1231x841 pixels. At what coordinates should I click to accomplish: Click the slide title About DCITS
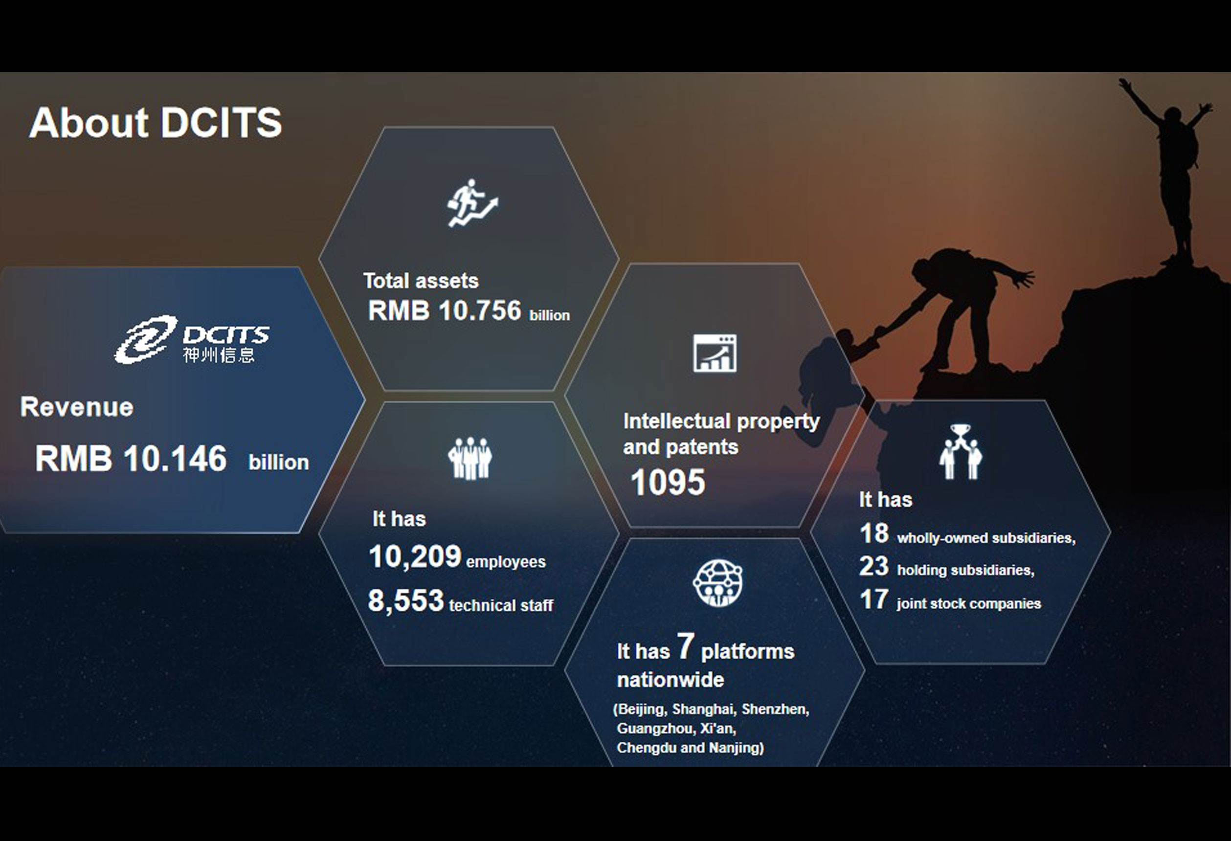[x=156, y=122]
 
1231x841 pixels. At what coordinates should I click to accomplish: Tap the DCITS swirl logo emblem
[x=146, y=339]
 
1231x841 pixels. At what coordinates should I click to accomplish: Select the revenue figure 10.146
[x=175, y=458]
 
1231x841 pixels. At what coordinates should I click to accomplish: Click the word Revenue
[x=77, y=407]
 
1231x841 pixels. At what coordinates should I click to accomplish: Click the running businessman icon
[x=472, y=203]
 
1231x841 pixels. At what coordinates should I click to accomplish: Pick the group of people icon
[x=470, y=458]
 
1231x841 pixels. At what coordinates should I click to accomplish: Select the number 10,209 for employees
[x=415, y=556]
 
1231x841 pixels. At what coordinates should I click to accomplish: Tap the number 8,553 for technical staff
[x=406, y=600]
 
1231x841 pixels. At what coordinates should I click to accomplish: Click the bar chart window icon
[x=715, y=353]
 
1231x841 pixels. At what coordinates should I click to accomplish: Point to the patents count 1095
[x=668, y=482]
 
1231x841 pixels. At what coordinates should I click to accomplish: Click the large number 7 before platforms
[x=685, y=646]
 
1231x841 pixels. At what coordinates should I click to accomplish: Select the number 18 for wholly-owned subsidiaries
[x=874, y=533]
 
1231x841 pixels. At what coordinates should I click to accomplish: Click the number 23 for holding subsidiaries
[x=874, y=566]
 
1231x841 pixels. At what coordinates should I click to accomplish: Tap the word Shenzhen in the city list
[x=775, y=709]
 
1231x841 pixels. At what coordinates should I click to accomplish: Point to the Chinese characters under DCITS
[x=219, y=354]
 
